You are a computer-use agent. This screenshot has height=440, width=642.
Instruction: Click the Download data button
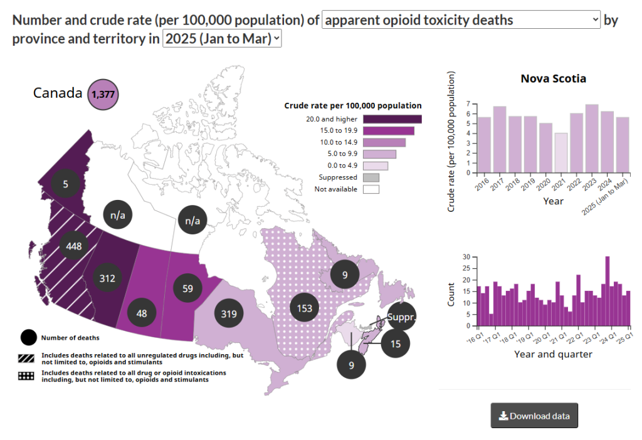(534, 416)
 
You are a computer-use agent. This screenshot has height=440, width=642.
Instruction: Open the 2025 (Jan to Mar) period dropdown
(222, 39)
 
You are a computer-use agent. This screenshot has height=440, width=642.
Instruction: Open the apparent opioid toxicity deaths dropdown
(461, 20)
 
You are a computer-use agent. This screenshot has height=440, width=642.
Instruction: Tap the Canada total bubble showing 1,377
(103, 94)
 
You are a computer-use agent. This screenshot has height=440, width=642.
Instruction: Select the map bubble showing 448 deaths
(74, 246)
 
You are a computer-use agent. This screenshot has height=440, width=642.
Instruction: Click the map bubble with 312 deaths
(107, 278)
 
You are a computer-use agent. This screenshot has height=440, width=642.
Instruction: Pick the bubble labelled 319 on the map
(229, 314)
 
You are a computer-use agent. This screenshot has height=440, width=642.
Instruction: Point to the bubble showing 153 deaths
(305, 308)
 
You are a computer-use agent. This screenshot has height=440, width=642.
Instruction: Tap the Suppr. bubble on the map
(402, 318)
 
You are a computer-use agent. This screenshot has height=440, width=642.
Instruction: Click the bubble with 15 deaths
(395, 343)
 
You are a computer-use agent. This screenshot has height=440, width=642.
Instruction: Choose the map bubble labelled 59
(187, 290)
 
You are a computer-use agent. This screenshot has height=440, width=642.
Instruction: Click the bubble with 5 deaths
(65, 184)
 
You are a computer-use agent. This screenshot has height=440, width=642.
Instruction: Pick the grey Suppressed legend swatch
(371, 177)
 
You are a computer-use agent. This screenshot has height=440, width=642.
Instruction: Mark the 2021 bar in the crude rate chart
(560, 153)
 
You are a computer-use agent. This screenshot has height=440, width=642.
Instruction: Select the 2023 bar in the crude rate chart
(591, 139)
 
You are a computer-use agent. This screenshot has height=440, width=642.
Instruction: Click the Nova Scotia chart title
(554, 79)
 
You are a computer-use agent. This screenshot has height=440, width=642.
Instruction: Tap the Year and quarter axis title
(553, 354)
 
